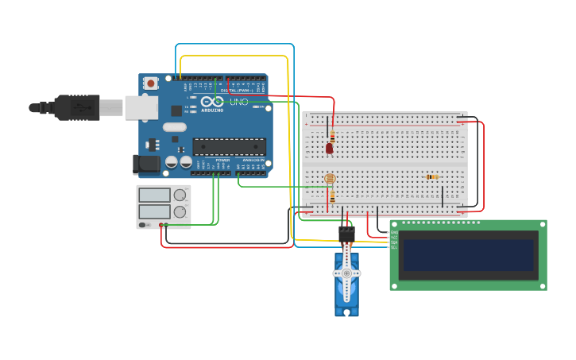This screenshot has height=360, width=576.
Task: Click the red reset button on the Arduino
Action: pos(150,83)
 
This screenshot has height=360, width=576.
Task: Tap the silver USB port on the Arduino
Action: pos(141,107)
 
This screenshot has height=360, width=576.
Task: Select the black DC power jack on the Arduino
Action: pos(145,165)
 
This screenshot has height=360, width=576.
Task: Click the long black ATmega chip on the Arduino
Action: pos(229,146)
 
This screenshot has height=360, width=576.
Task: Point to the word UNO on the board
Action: pos(239,102)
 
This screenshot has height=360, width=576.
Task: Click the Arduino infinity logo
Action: pos(212,102)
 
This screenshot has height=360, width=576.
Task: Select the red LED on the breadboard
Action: pos(330,148)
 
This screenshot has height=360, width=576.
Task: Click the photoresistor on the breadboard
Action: pos(330,178)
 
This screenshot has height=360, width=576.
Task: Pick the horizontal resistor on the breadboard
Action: pos(432,176)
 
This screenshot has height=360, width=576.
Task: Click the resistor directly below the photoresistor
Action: pos(332,195)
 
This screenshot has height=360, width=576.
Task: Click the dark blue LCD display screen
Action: pos(468,255)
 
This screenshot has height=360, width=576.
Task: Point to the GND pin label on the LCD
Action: pos(393,232)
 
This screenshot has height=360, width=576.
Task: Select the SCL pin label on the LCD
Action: pos(393,247)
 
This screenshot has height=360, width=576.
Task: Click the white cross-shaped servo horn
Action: pos(346,273)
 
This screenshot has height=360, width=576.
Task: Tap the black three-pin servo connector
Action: pos(346,233)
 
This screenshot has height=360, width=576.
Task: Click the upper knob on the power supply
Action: pos(180,195)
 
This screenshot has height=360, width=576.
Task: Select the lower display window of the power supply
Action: pos(154,212)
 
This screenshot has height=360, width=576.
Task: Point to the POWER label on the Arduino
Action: pos(222,160)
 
